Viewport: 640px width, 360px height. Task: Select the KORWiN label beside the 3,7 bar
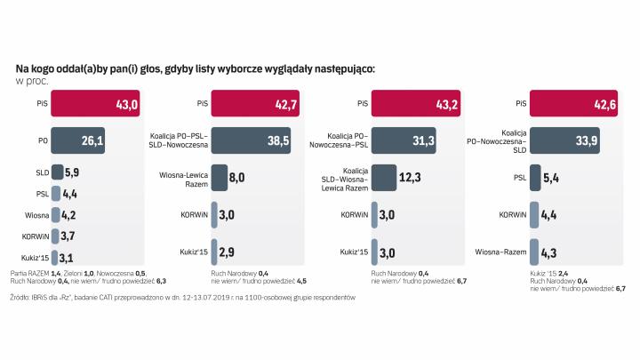click(x=35, y=236)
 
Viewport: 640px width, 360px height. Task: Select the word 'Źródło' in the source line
click(x=20, y=298)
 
